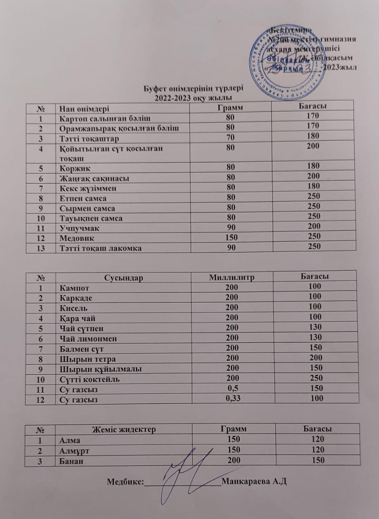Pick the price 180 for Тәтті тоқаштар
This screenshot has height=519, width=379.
(x=313, y=136)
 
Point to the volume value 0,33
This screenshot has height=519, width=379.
(x=231, y=398)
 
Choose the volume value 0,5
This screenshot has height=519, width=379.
(x=232, y=388)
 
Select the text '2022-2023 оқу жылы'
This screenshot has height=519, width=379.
(x=194, y=97)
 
